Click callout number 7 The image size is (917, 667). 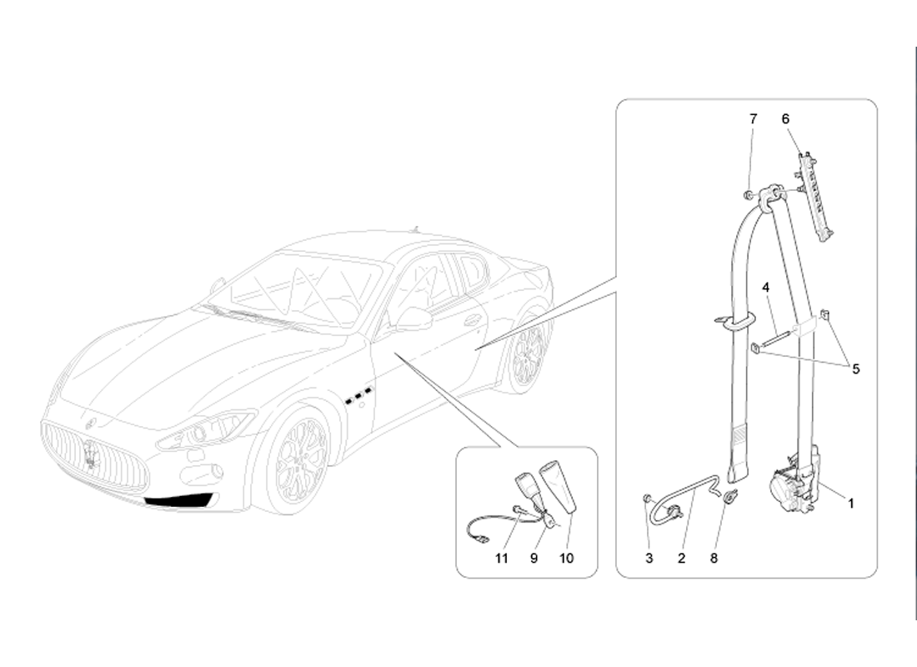[754, 119]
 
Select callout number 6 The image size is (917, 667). [785, 119]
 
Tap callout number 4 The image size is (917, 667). [765, 288]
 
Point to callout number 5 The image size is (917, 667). [855, 369]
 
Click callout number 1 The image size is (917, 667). [851, 504]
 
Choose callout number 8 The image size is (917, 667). [714, 559]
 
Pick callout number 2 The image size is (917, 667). [681, 559]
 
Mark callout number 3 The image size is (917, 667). [649, 559]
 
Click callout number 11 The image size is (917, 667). [502, 559]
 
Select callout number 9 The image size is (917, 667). [534, 559]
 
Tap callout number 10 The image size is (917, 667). [567, 559]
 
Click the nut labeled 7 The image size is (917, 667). [748, 195]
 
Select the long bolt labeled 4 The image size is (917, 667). [776, 342]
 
